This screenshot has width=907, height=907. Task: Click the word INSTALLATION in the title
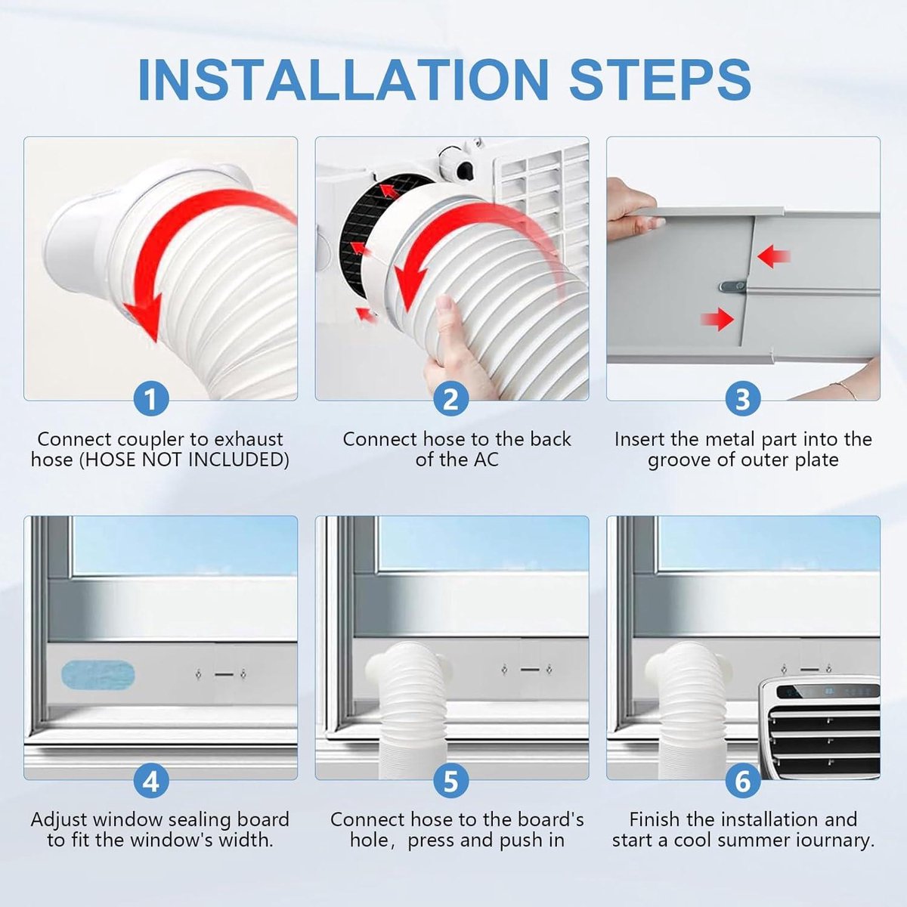[x=344, y=79]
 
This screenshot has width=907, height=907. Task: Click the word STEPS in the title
[x=660, y=79]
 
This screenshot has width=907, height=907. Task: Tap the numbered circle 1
[x=151, y=399]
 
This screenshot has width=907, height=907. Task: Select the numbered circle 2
[x=451, y=399]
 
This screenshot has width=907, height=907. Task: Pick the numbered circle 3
[x=742, y=399]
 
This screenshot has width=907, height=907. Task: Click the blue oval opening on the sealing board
[x=98, y=674]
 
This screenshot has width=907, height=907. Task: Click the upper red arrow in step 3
[x=773, y=257]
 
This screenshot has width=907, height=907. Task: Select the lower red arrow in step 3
[x=717, y=320]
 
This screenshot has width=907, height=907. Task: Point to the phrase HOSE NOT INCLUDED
[x=184, y=460]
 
